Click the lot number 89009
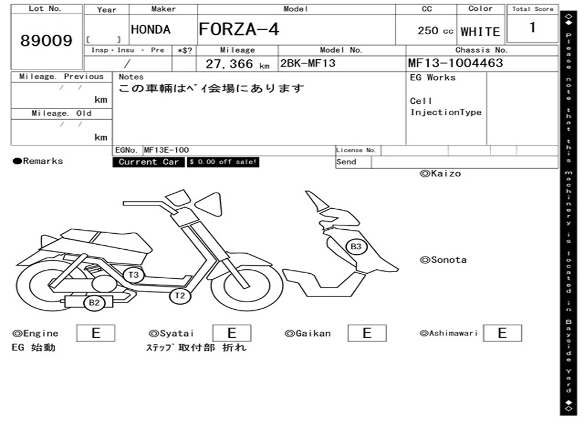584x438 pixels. pos(47,40)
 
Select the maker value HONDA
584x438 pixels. pos(151,30)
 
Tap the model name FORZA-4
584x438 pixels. pos(238,29)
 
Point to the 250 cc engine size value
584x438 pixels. pos(435,31)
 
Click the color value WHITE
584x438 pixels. pos(480,31)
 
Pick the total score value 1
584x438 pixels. pos(532,27)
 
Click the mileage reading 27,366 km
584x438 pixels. pos(237,64)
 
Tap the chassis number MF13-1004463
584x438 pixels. pos(455,63)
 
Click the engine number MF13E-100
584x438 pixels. pos(167,150)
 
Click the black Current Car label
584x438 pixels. pos(148,162)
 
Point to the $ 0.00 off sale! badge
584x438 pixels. pos(224,162)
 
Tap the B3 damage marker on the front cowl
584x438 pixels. pos(356,246)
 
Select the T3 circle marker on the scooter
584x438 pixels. pos(133,275)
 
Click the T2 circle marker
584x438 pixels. pos(180,295)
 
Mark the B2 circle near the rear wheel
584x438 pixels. pos(94,303)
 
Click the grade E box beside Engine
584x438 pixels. pos(96,333)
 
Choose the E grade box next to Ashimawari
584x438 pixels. pos(502,333)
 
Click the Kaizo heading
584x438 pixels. pos(440,173)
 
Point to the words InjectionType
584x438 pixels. pos(446,112)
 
